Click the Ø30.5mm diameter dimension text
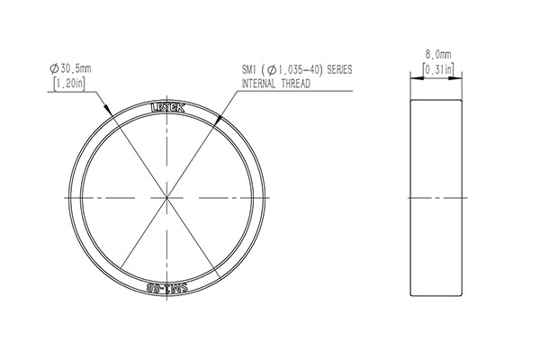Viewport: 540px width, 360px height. [70, 68]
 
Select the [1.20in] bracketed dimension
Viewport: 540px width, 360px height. [69, 84]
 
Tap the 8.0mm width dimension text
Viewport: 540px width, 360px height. [438, 54]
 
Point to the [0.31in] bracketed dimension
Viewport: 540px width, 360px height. [438, 69]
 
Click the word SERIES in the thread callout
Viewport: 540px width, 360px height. [339, 70]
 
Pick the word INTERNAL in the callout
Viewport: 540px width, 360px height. [258, 84]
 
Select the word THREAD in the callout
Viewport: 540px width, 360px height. [296, 84]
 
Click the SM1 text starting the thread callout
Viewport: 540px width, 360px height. [248, 70]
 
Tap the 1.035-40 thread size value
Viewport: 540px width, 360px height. [300, 70]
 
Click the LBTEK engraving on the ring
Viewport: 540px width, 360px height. [168, 108]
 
